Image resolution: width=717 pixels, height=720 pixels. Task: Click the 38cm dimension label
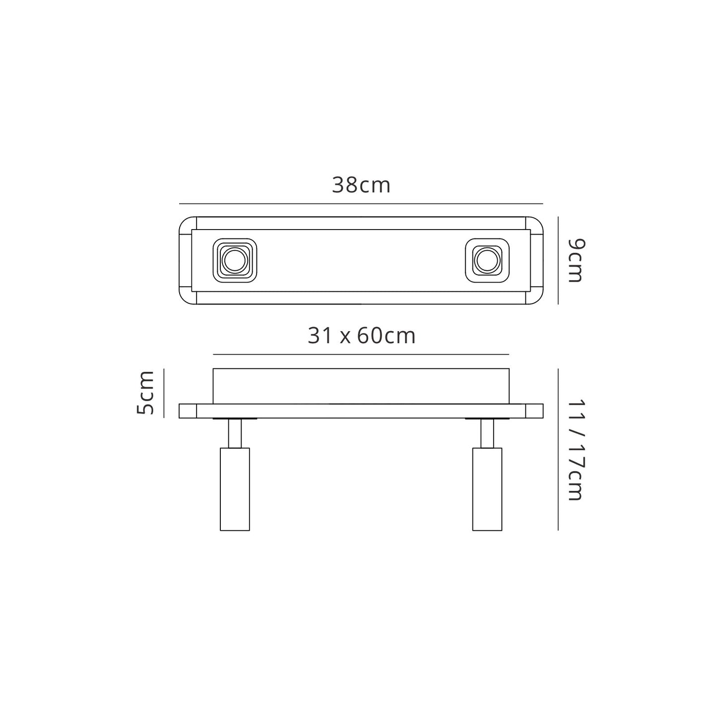pos(361,185)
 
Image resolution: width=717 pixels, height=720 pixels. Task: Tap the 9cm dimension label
pos(576,260)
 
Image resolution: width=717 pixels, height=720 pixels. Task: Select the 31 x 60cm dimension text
pos(361,335)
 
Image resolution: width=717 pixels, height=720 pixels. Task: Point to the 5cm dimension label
pos(145,393)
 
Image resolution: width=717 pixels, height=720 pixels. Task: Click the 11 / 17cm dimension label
pos(576,450)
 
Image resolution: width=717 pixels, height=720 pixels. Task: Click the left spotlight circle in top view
pos(235,260)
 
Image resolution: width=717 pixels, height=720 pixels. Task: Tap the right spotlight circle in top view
pos(487,260)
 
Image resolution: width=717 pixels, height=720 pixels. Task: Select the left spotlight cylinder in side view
pos(235,489)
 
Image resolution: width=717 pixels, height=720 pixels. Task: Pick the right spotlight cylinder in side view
pos(487,489)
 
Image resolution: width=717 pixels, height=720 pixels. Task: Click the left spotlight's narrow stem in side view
pos(235,433)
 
